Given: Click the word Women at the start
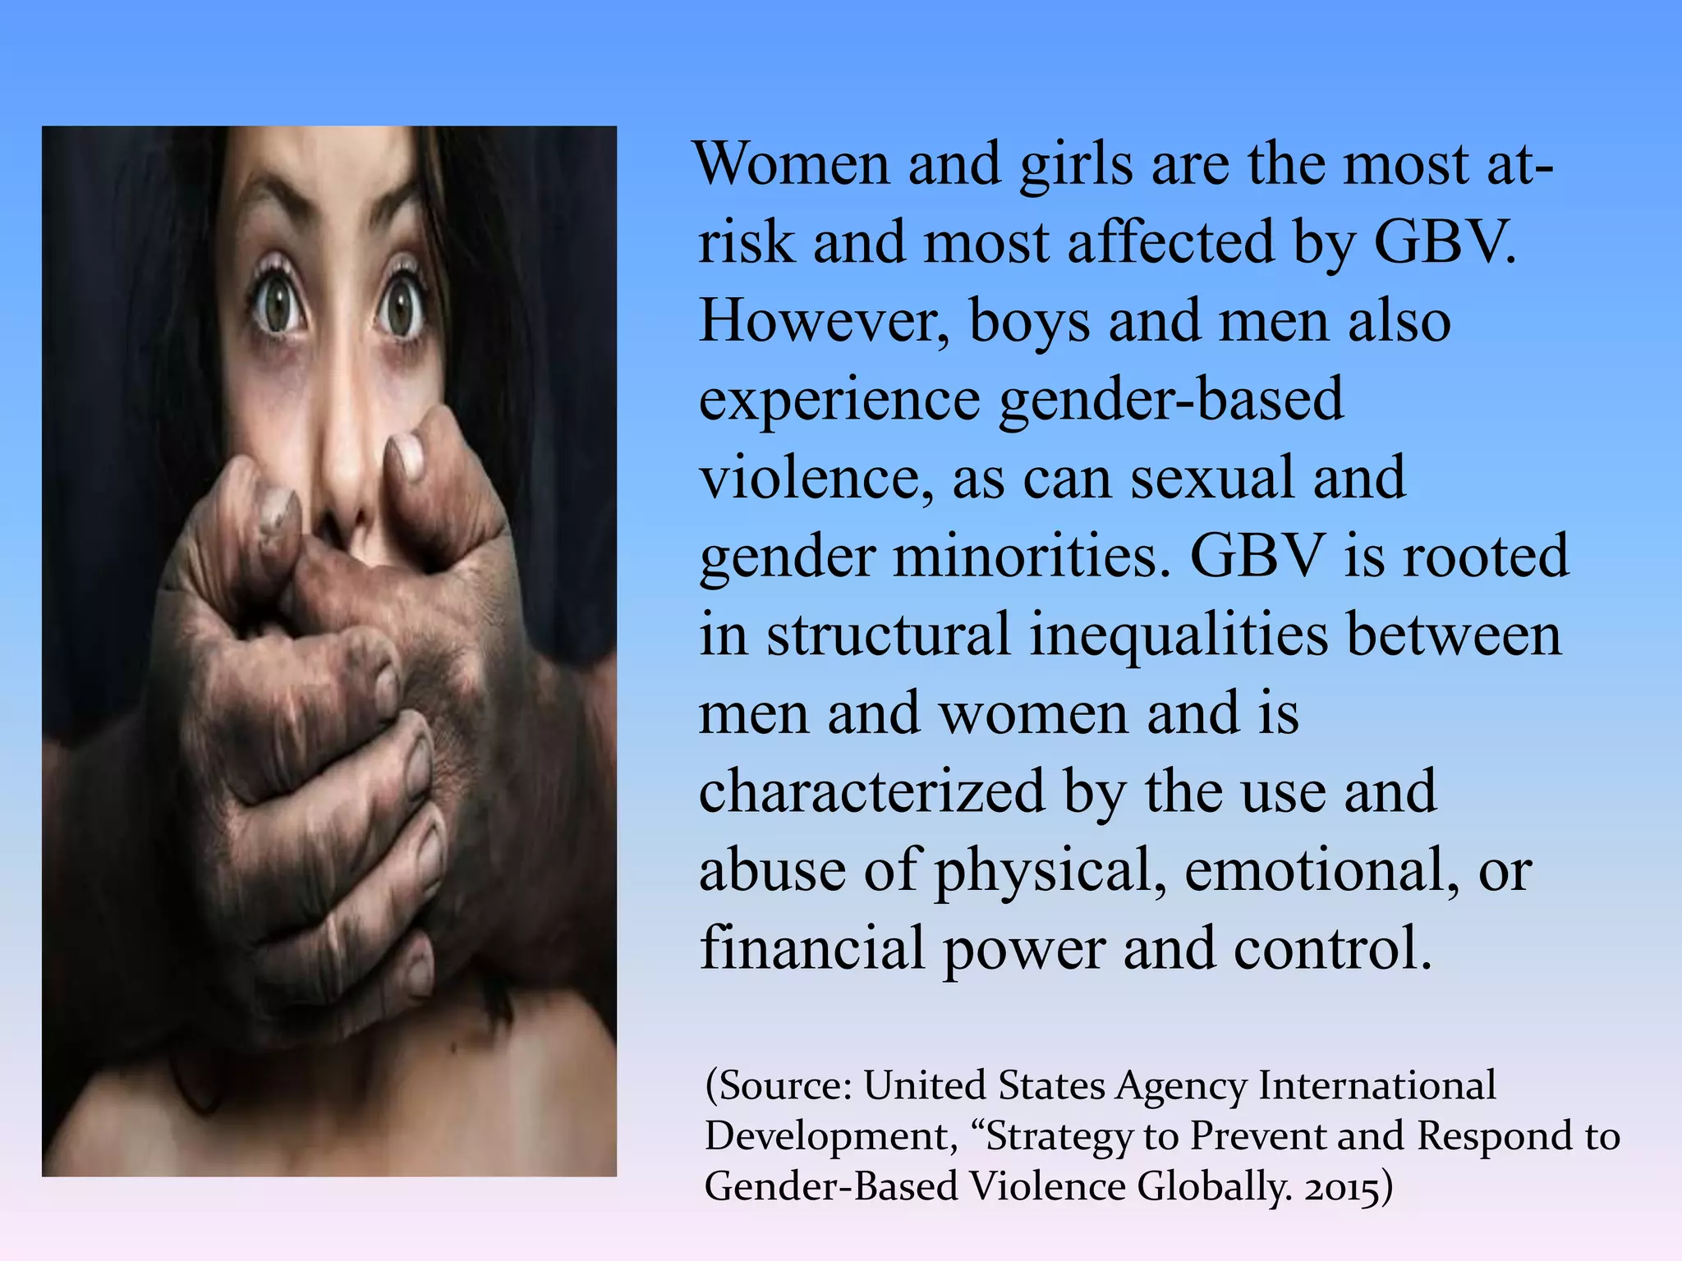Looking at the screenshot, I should click(x=792, y=163).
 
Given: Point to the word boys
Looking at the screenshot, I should click(x=1029, y=323).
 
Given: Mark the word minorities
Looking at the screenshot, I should click(x=1031, y=556).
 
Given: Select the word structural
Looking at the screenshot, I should click(x=888, y=635).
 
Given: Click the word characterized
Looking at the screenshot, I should click(x=871, y=791).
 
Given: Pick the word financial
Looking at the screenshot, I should click(x=811, y=948).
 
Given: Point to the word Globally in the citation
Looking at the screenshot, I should click(x=1216, y=1188).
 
